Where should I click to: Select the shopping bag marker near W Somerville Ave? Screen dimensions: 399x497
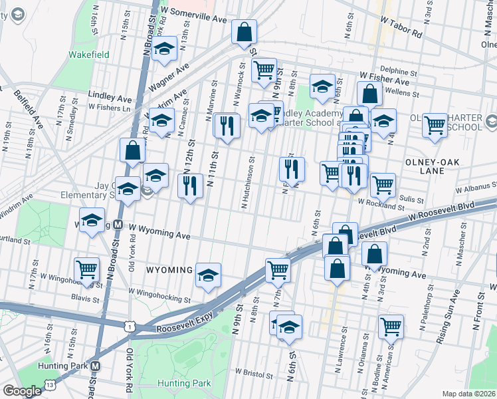tap(245, 32)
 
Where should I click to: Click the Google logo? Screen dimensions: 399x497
tap(22, 391)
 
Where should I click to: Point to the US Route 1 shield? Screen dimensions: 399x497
tap(130, 326)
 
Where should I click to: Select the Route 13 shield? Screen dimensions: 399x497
tap(50, 386)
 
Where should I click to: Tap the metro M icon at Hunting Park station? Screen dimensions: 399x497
tap(95, 366)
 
